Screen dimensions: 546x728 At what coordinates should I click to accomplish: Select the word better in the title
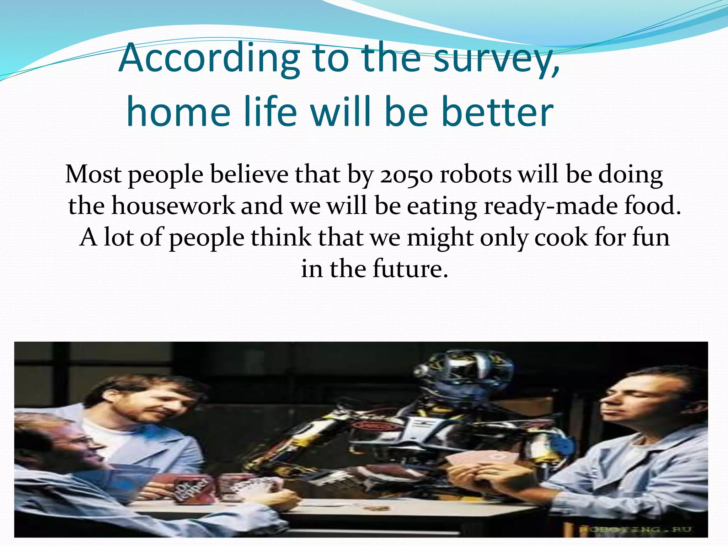(x=497, y=112)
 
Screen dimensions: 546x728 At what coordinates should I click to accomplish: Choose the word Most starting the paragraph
(x=93, y=175)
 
